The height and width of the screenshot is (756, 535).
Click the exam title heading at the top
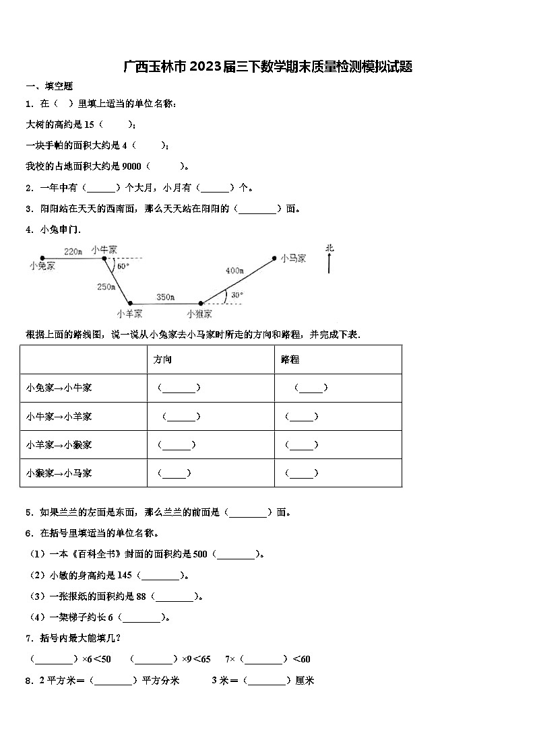coord(267,66)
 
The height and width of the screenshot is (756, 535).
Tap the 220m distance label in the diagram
coord(73,251)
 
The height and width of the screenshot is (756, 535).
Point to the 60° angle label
coord(123,266)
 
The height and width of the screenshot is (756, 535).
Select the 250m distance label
coord(106,287)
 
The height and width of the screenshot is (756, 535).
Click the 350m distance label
coord(165,297)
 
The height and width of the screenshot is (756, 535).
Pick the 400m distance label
coord(234,271)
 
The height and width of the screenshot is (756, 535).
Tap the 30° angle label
coord(237,295)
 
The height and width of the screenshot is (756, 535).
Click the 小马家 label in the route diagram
coord(294,258)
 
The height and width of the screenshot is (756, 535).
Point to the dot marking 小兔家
coord(42,258)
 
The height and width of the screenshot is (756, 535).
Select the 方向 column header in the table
coord(163,359)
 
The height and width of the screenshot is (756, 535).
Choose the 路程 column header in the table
coord(290,359)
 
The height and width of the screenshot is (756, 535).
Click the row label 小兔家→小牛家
coord(59,388)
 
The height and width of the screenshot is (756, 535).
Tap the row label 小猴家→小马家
coord(59,473)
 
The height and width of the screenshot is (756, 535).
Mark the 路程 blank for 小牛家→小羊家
coord(302,417)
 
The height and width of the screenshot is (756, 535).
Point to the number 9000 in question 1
coord(133,166)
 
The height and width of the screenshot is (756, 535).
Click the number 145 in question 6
coord(124,575)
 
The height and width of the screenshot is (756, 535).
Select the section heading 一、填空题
coord(49,86)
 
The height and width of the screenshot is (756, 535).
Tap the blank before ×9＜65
coord(154,659)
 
